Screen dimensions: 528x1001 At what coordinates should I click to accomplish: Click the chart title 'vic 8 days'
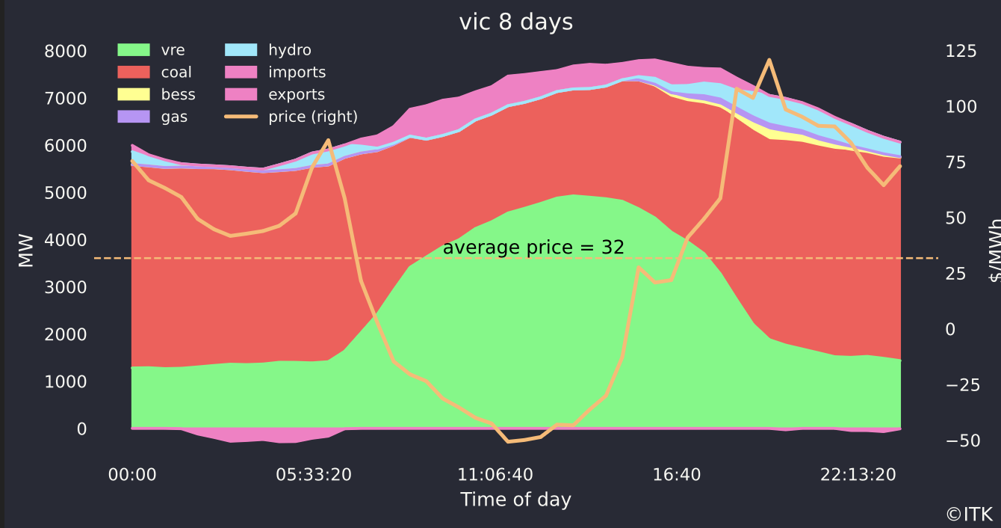[515, 22]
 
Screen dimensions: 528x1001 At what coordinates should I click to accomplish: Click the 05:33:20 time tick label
[314, 475]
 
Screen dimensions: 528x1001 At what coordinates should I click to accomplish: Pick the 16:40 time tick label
[677, 475]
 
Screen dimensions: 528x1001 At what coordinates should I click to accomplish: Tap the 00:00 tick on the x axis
[132, 475]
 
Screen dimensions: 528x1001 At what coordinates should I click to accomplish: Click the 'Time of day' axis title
[515, 500]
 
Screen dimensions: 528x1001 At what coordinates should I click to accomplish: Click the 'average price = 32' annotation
[533, 248]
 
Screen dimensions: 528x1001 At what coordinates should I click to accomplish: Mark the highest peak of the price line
[769, 60]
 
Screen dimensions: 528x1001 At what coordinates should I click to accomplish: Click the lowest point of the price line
[509, 441]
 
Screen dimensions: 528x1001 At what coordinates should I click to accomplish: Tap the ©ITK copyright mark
[969, 515]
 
